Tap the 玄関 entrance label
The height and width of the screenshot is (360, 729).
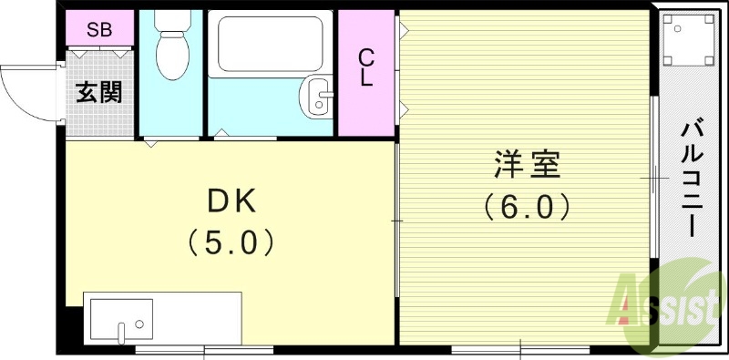(x=98, y=92)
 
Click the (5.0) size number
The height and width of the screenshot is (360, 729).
(x=230, y=242)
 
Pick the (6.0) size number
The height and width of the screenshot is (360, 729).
(x=527, y=208)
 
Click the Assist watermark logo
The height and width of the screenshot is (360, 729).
(x=669, y=301)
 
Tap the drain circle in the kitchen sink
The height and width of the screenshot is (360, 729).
(x=139, y=324)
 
